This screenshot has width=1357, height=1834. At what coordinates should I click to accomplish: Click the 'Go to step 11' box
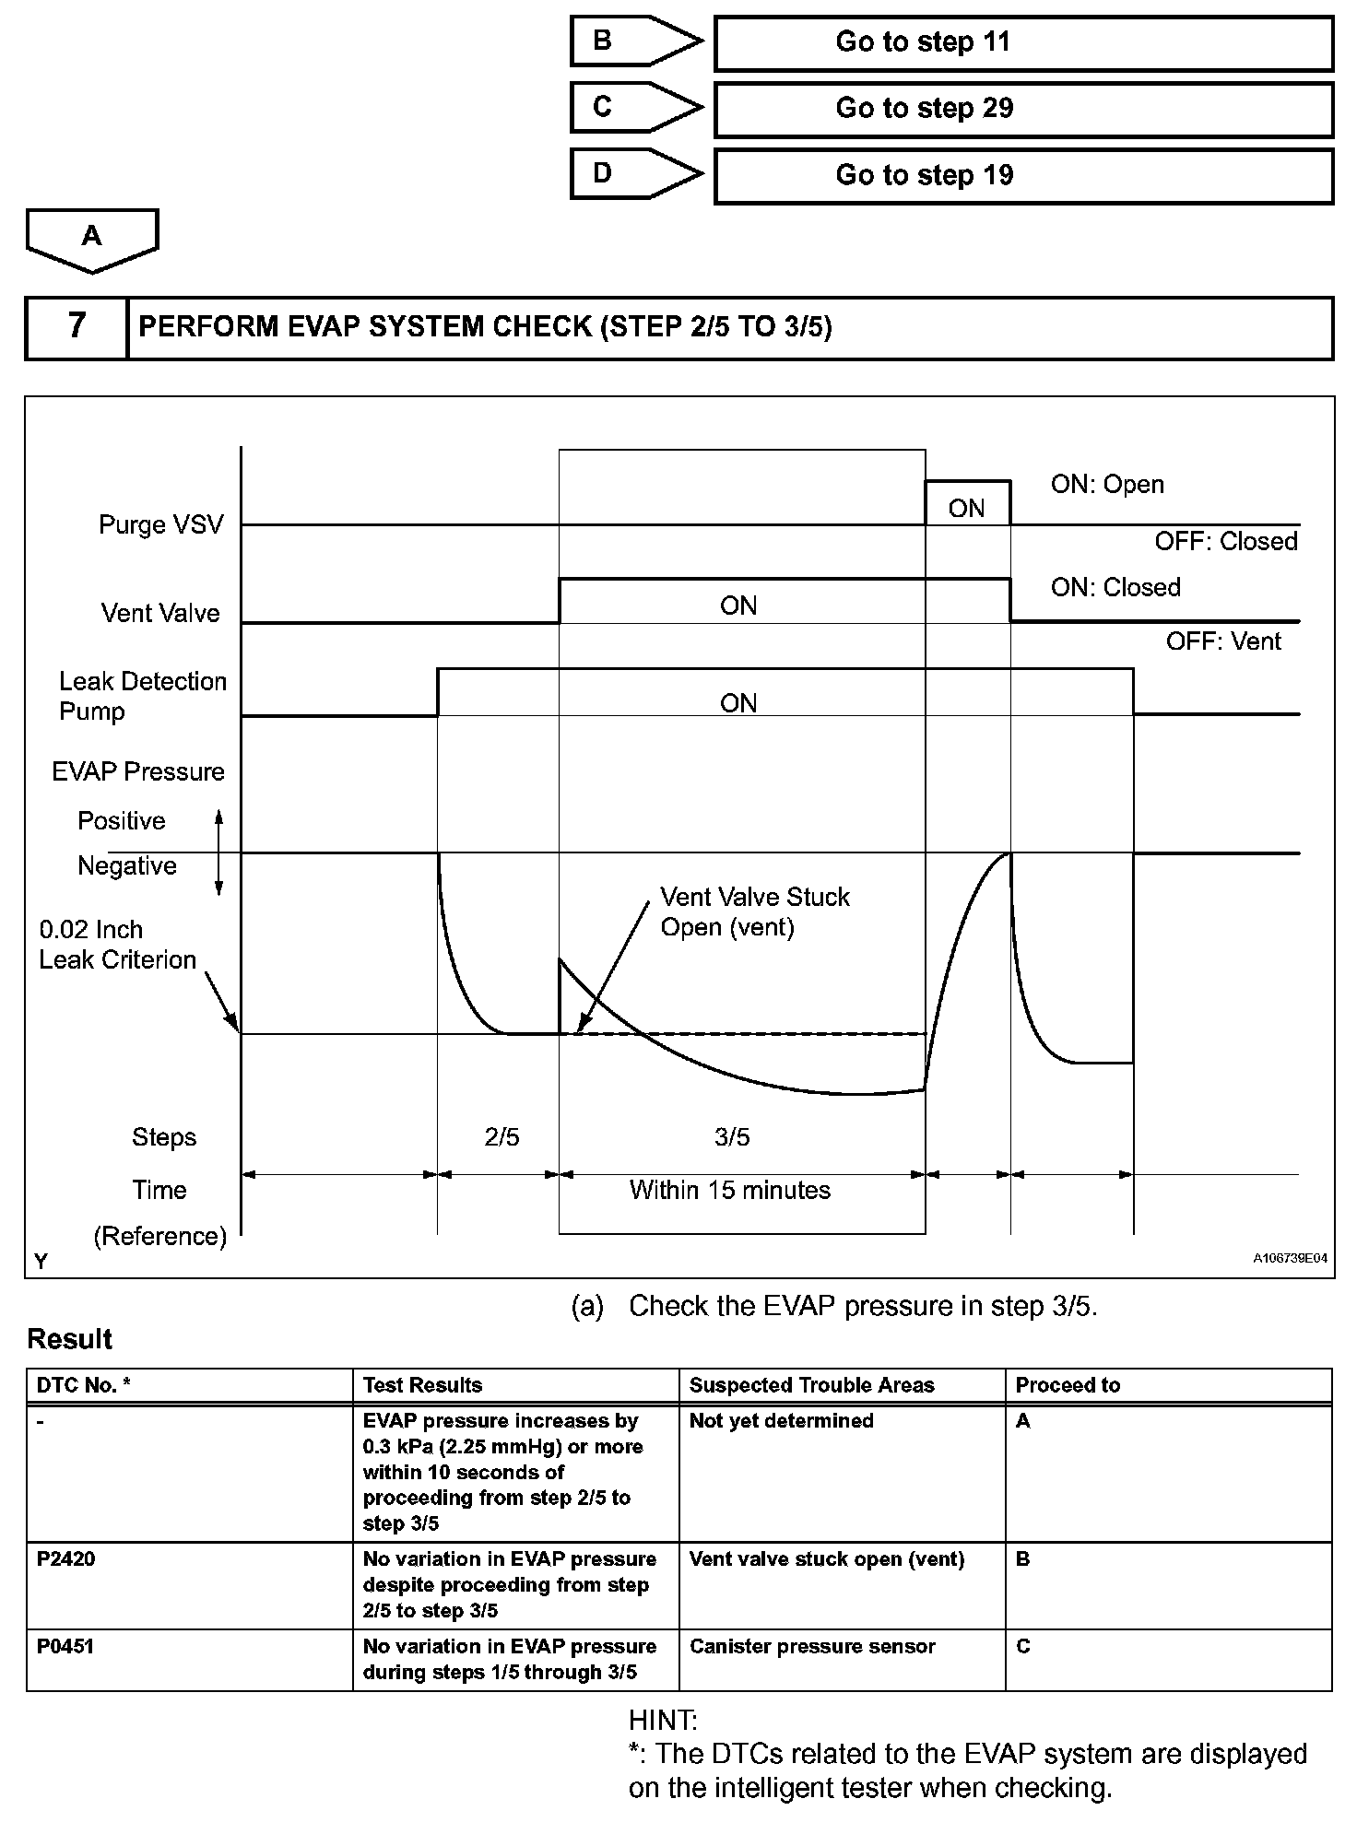(x=1022, y=42)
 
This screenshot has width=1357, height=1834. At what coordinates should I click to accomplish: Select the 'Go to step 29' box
(x=1022, y=109)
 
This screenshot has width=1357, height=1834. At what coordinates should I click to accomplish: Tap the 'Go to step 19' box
(x=1022, y=175)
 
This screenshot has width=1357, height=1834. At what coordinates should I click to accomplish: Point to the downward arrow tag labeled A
(x=92, y=239)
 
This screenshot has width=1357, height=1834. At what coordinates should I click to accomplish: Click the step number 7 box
(x=77, y=326)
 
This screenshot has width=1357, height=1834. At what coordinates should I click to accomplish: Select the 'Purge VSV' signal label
(x=161, y=525)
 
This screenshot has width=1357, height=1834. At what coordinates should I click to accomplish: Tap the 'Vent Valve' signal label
(x=160, y=614)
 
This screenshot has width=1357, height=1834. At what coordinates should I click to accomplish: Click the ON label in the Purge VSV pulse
(x=967, y=509)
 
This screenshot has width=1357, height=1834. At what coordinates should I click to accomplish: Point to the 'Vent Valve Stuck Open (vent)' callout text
(x=754, y=911)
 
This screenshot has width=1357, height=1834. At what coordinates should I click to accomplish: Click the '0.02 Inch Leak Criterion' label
(x=117, y=945)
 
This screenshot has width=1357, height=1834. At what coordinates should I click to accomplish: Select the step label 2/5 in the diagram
(x=501, y=1137)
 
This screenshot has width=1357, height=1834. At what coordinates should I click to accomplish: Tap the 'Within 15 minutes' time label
(x=729, y=1191)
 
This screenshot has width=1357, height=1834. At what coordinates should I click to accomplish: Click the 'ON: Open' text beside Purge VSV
(x=1107, y=485)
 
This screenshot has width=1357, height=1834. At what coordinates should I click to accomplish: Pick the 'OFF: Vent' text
(x=1223, y=641)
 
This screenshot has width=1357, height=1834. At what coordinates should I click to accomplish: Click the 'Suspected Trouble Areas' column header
(x=811, y=1385)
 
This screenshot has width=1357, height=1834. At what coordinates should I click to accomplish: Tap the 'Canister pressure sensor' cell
(x=812, y=1646)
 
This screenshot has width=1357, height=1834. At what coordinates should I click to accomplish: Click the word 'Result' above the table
(x=70, y=1339)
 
